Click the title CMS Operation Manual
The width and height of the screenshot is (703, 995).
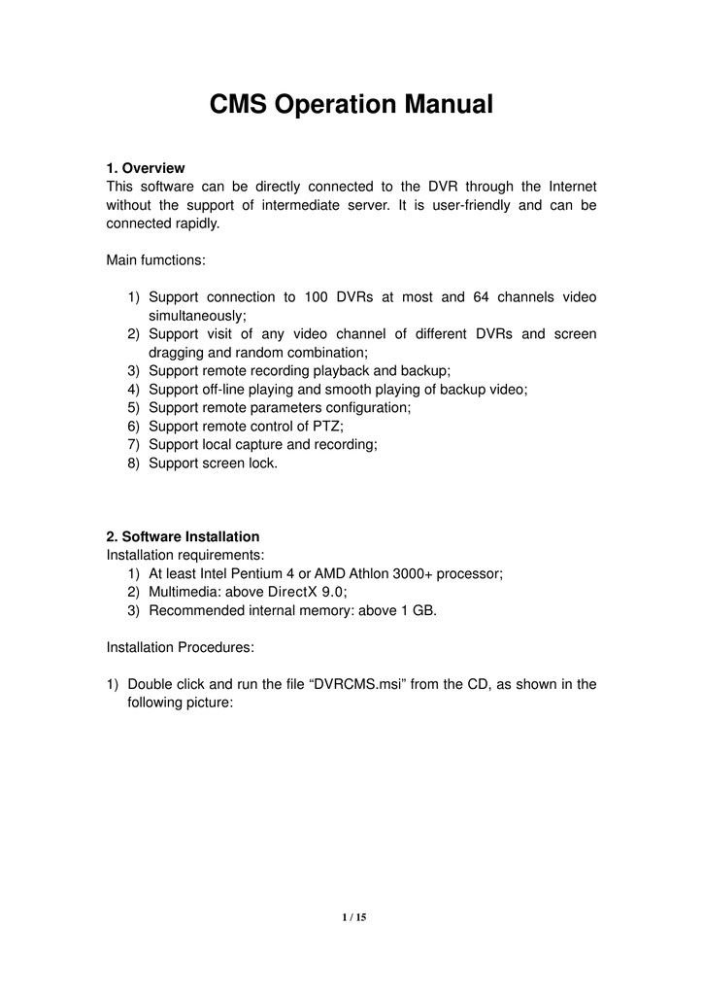351,105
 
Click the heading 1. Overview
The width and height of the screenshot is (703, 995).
145,168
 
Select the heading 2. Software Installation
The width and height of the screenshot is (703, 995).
183,536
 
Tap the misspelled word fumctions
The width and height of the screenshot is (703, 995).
176,260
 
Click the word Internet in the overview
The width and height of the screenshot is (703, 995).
573,187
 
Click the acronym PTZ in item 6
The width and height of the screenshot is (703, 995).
326,427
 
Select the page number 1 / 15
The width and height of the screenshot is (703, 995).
351,917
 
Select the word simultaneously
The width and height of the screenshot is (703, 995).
197,316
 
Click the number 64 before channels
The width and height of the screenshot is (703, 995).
483,297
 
